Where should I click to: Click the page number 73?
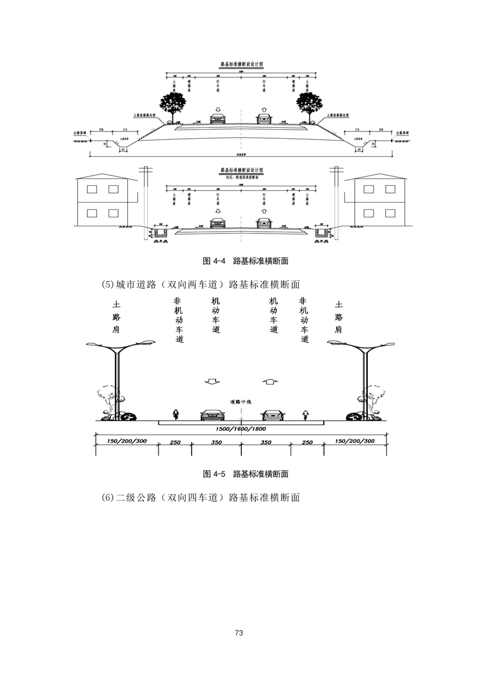[239, 633]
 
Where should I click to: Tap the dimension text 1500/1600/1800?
[241, 429]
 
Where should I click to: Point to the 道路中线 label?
[241, 401]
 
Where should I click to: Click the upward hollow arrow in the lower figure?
[271, 381]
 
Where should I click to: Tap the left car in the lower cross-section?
[212, 415]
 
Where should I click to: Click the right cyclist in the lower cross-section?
[306, 414]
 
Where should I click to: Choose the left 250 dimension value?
[175, 442]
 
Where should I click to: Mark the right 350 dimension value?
[265, 442]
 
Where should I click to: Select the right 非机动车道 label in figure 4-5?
[303, 320]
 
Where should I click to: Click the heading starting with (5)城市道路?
[201, 284]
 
